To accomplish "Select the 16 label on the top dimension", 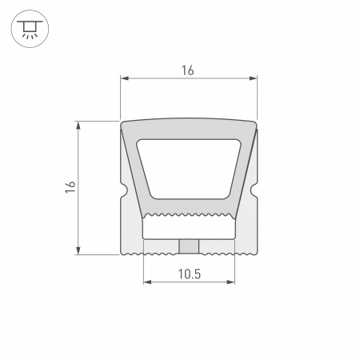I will pyautogui.click(x=188, y=70).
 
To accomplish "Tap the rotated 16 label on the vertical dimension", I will pyautogui.click(x=70, y=187).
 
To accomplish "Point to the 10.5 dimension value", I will pyautogui.click(x=189, y=274).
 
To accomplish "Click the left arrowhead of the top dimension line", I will pyautogui.click(x=124, y=78).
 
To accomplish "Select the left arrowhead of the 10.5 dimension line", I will pyautogui.click(x=146, y=282).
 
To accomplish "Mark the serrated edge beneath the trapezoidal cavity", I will pyautogui.click(x=188, y=215).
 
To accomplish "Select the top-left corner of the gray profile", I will pyautogui.click(x=122, y=123).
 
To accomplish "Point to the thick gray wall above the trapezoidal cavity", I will pyautogui.click(x=188, y=130).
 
